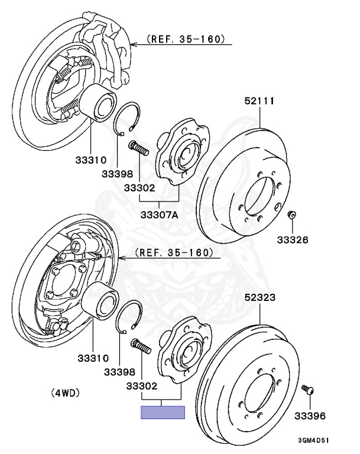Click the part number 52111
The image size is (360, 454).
click(260, 101)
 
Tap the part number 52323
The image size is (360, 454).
click(260, 299)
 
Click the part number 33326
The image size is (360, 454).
click(294, 241)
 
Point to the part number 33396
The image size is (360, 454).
click(310, 416)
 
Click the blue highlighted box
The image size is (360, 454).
click(163, 412)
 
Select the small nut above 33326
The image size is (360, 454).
click(291, 214)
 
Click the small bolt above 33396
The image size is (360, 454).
click(307, 390)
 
